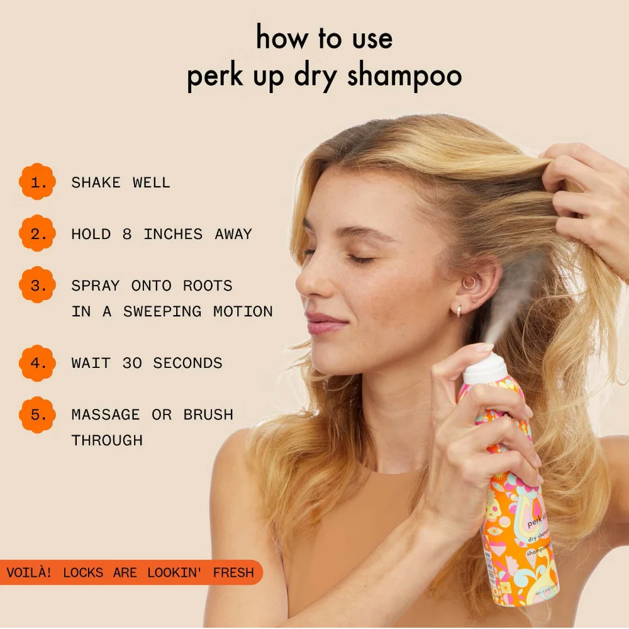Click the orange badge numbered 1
38,182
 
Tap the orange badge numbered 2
38,234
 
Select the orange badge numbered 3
38,286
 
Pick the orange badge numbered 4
38,363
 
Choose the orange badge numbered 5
38,415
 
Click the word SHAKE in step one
96,183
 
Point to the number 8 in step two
127,235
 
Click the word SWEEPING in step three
162,312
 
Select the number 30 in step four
132,364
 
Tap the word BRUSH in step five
208,415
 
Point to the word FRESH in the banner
233,573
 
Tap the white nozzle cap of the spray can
485,369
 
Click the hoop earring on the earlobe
459,311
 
